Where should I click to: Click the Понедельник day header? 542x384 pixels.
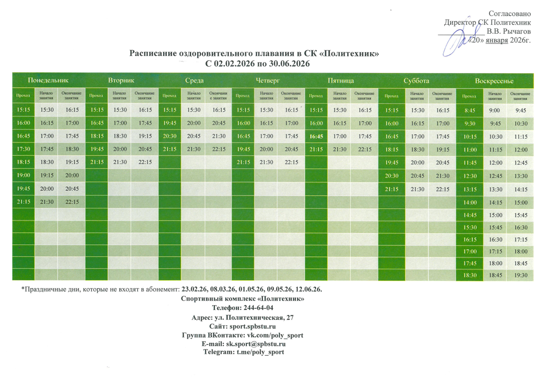pos(48,80)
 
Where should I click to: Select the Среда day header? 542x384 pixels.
pos(194,80)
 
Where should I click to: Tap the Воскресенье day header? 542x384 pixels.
pos(494,80)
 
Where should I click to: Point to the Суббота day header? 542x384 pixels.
pos(416,80)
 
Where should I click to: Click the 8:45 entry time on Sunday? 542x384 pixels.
pos(470,110)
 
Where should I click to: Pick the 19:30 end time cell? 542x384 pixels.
pos(520,275)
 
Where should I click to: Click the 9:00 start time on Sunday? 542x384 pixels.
pos(494,110)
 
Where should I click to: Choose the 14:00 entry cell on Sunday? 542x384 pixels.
pos(470,202)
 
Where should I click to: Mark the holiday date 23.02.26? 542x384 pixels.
pos(194,289)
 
